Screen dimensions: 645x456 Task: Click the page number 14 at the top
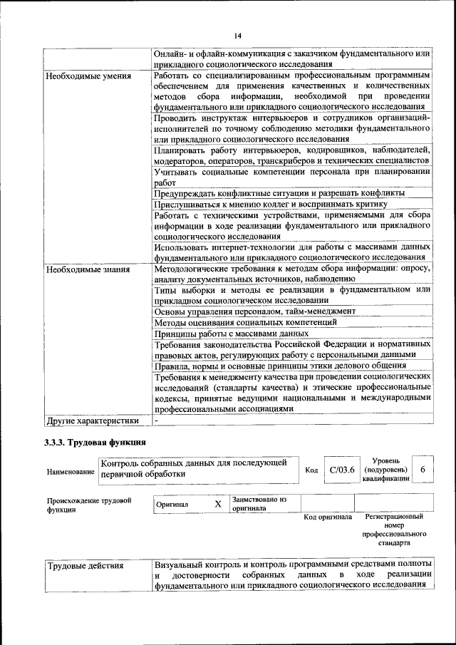[237, 36]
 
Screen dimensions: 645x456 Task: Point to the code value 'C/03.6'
[342, 470]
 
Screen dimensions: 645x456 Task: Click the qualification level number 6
[423, 470]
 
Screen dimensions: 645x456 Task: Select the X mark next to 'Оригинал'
[218, 505]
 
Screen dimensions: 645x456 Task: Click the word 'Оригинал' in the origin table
[173, 505]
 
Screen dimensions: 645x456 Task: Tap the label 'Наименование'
[71, 472]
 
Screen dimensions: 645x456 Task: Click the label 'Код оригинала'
[328, 517]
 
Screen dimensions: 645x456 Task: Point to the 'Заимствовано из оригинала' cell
[259, 505]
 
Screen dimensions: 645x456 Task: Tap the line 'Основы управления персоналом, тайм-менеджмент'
[255, 311]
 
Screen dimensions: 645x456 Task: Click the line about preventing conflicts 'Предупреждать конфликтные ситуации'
[279, 193]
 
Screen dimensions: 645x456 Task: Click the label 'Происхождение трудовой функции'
[89, 505]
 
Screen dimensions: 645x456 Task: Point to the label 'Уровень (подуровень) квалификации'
[385, 470]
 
